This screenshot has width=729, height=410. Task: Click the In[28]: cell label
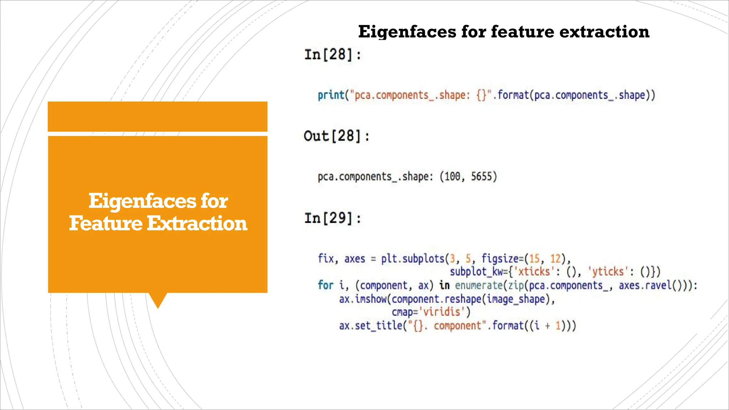click(333, 55)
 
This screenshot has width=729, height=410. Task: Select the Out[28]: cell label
click(337, 136)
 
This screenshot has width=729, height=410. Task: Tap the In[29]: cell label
click(333, 218)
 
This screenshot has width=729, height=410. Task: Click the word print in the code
click(331, 95)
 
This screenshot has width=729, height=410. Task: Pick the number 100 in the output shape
click(452, 177)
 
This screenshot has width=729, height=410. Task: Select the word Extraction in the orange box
click(197, 224)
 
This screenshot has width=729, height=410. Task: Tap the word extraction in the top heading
click(604, 32)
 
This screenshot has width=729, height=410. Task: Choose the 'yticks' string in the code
click(608, 272)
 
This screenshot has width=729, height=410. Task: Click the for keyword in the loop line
click(325, 285)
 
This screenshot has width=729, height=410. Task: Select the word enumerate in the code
click(478, 285)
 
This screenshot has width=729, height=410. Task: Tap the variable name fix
click(326, 258)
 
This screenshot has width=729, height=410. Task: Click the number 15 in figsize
click(534, 258)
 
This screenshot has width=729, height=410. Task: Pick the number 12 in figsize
click(555, 258)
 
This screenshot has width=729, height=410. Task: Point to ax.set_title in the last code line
click(370, 326)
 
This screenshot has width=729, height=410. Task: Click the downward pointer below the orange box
click(158, 300)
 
